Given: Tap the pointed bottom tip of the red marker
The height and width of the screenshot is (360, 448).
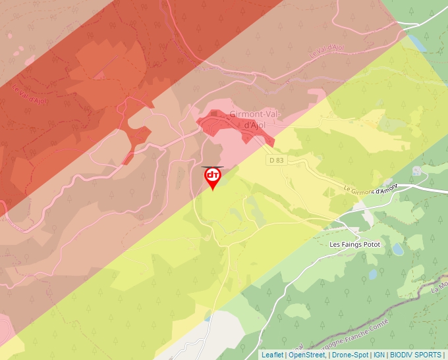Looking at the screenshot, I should coord(212,191).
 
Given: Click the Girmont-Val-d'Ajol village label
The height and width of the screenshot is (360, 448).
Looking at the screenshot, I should coord(256,119).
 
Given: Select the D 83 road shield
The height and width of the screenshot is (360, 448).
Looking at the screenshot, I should coord(276,160).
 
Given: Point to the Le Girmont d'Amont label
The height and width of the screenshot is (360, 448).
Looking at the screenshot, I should coord(372,190).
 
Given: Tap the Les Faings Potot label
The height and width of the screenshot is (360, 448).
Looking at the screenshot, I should coord(354,244).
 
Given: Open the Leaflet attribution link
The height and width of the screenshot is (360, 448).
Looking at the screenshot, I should coord(272,355).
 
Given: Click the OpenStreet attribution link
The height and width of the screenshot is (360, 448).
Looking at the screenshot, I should coord(307,355).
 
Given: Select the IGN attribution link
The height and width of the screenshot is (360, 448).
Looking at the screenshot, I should coord(379,355).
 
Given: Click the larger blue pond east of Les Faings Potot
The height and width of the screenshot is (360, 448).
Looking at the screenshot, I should coord(399,249).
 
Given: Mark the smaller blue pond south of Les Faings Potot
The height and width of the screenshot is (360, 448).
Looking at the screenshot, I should coord(373,273).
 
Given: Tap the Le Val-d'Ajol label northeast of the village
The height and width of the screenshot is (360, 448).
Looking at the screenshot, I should coord(327,52).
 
